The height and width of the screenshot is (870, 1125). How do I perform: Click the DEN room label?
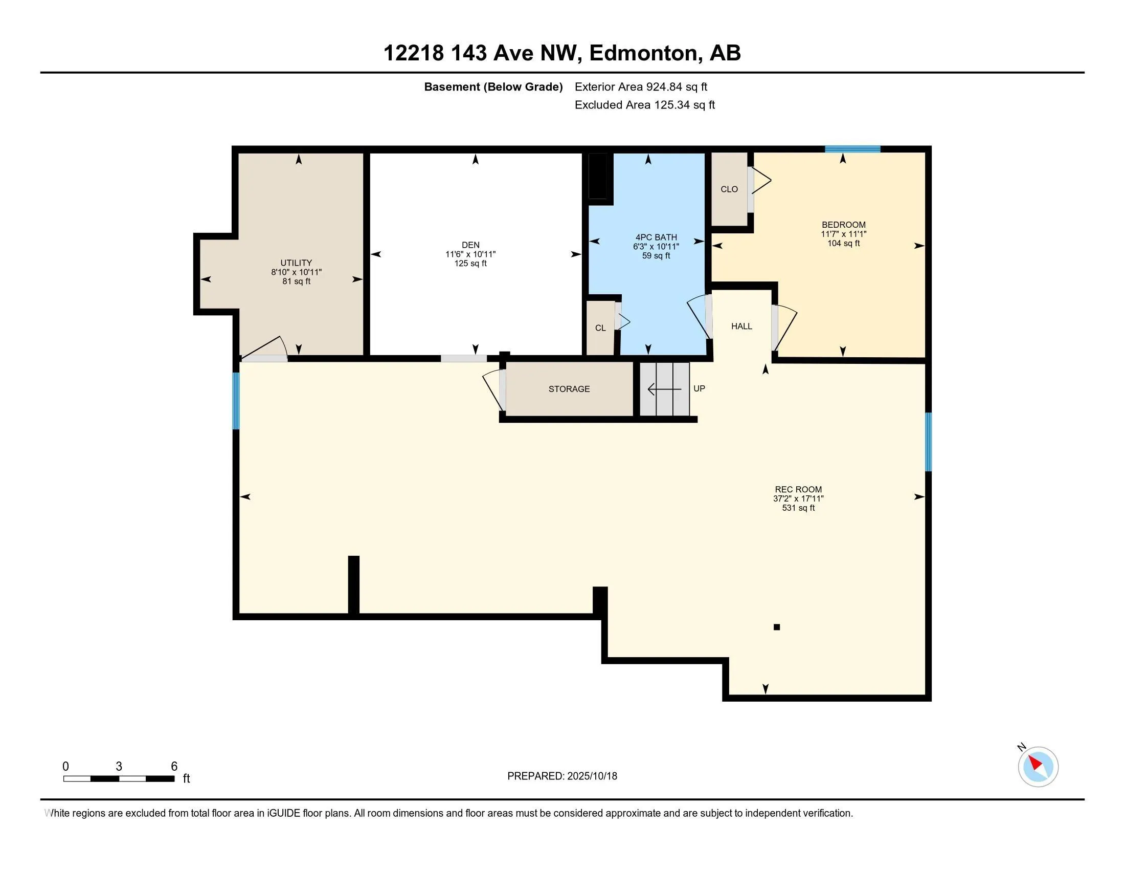(x=470, y=245)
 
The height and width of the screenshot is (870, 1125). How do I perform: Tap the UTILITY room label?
(x=296, y=263)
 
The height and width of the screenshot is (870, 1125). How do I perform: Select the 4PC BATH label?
(x=656, y=237)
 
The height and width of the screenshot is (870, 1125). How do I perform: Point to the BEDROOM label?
(x=843, y=225)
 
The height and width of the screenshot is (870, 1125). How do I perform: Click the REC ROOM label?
(x=798, y=489)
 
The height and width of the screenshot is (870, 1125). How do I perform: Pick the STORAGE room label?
(x=569, y=388)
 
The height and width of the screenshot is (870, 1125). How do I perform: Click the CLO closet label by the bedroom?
(x=729, y=189)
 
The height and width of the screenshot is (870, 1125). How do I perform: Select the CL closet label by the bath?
(x=600, y=328)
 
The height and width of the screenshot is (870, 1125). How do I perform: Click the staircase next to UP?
(x=665, y=389)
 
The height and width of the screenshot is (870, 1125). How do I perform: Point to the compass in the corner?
(x=1038, y=767)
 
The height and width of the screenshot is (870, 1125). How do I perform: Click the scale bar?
(x=119, y=778)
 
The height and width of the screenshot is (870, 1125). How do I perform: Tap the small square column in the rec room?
(x=777, y=627)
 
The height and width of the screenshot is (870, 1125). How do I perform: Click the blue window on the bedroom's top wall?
(x=852, y=149)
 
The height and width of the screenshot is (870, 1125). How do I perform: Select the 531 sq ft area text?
(x=798, y=508)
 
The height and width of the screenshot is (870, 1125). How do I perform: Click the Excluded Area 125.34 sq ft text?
(x=644, y=105)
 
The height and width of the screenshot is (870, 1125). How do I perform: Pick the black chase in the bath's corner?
(x=598, y=176)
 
